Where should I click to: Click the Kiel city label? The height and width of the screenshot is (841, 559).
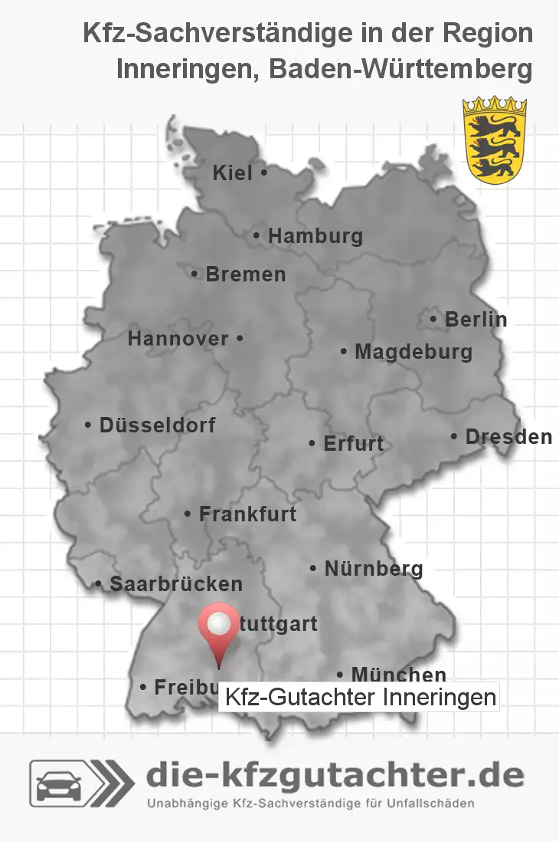click(232, 173)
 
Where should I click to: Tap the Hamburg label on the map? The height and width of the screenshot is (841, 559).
click(315, 236)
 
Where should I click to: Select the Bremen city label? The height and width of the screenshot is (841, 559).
click(245, 274)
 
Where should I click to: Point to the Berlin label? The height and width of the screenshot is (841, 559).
click(476, 319)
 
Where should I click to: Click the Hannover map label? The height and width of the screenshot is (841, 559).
click(178, 338)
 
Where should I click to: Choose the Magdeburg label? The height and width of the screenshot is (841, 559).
click(413, 352)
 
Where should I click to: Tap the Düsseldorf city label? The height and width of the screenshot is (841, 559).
click(157, 425)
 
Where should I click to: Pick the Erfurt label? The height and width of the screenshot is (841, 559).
click(353, 443)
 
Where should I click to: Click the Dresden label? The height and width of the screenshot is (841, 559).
click(508, 437)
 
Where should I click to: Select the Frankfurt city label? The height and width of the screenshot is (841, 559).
click(247, 514)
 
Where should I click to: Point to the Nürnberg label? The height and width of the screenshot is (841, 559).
click(373, 569)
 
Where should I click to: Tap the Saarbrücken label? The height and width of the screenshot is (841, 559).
click(175, 584)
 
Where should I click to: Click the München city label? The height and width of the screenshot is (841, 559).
click(398, 675)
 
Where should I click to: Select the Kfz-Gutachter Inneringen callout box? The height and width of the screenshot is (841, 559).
click(359, 698)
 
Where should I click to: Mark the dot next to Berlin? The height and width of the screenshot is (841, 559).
click(434, 319)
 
